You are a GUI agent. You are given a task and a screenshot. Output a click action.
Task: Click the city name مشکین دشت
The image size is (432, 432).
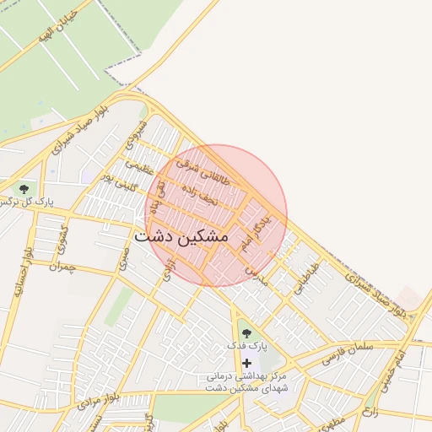(x=181, y=237)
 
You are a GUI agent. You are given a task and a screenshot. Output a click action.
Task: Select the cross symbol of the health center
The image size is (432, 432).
(x=246, y=362)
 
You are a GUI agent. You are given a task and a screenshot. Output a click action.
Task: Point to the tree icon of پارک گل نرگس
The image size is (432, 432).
(x=23, y=188)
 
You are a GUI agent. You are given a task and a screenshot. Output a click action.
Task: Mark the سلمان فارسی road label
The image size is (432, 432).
(x=349, y=348)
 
